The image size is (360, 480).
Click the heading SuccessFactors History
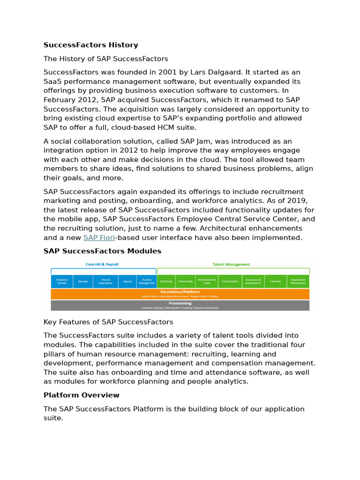90,45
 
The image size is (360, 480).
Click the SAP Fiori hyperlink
99,238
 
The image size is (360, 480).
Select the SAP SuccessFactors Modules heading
102,251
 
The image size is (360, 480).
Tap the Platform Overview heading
81,395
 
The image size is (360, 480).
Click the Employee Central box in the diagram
62,282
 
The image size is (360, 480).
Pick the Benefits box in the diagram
83,282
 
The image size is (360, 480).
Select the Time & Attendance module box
105,282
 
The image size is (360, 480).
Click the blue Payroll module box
127,282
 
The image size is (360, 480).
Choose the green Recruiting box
166,282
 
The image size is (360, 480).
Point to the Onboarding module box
185,282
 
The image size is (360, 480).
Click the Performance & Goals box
206,282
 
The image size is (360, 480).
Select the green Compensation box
230,282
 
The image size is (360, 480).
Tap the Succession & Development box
253,282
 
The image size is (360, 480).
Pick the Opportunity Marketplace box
298,282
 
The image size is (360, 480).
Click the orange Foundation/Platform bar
180,294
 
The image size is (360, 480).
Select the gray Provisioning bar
180,305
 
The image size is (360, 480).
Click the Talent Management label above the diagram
231,265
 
